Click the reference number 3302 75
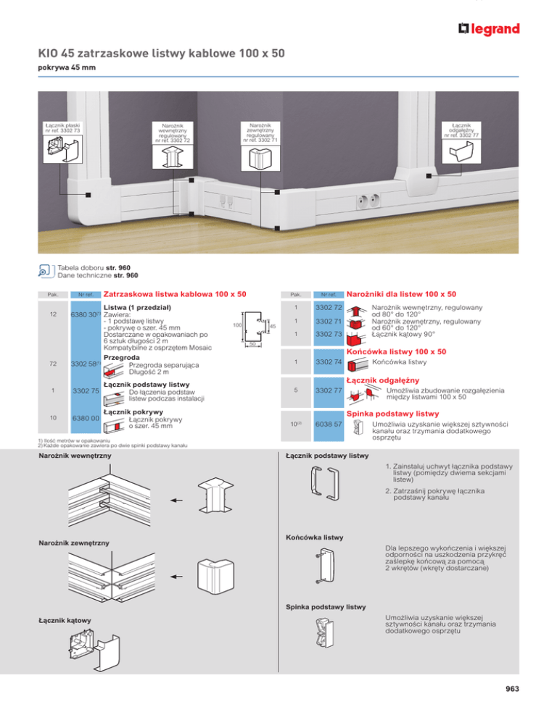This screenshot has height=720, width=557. coord(86,392)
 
